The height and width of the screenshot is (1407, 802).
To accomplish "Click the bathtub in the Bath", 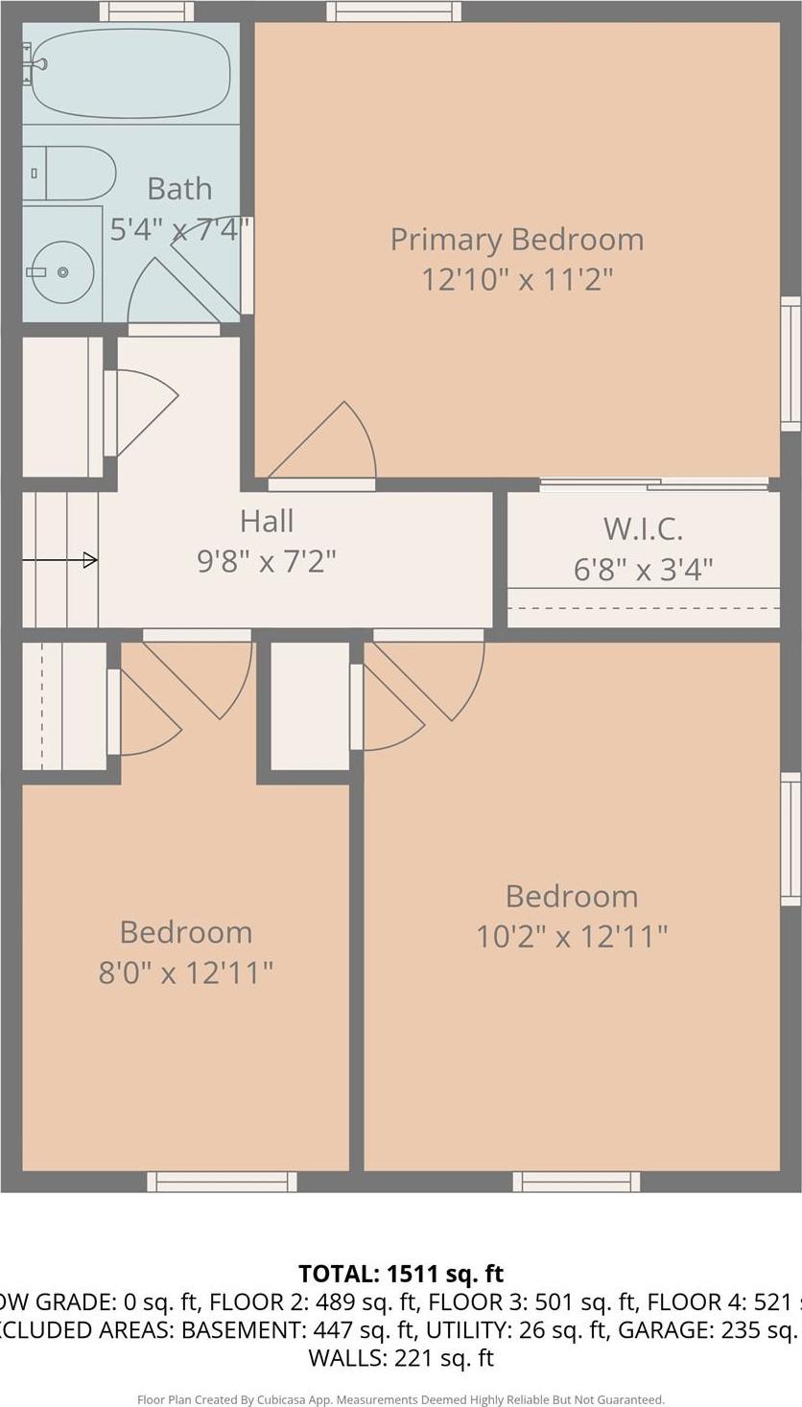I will tap(130, 75).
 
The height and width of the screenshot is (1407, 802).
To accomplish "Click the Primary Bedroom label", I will tap(516, 239).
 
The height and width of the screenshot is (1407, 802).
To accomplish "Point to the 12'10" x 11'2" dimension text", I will tap(516, 280).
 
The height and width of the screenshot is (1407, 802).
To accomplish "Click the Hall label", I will tap(267, 521).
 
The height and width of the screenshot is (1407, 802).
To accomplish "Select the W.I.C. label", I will tap(643, 528).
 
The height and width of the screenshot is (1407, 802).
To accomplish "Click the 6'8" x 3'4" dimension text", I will tap(643, 570).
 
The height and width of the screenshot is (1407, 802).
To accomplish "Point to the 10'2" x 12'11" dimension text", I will tap(572, 936).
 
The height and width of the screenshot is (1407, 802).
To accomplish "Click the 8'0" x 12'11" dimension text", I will tap(186, 973).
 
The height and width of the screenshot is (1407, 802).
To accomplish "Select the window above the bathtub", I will tap(147, 12).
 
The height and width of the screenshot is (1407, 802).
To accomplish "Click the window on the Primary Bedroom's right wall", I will tap(790, 363).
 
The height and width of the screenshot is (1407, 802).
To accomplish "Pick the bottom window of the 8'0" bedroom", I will tap(222, 1182).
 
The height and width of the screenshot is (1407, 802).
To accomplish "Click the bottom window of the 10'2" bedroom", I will tap(576, 1182).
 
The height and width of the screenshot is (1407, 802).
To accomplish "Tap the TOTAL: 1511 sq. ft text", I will tap(401, 1274).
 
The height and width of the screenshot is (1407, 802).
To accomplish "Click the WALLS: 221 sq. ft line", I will tap(401, 1357).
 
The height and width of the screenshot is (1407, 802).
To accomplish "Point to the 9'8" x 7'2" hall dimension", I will tap(267, 561).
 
